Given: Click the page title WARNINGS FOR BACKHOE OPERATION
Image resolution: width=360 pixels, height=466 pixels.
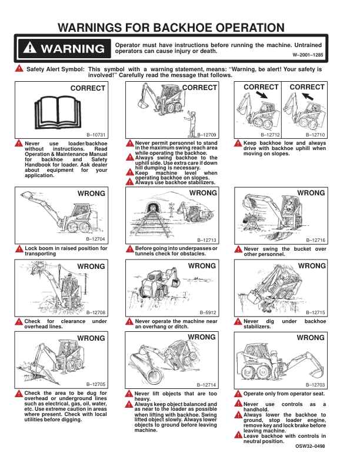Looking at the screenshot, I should click(x=180, y=27).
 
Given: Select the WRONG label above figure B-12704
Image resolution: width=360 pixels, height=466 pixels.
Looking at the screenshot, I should click(x=91, y=193).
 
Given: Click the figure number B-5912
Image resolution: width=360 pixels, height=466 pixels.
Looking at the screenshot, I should click(x=208, y=312).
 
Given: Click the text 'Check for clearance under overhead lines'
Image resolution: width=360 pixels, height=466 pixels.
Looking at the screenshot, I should click(x=65, y=324).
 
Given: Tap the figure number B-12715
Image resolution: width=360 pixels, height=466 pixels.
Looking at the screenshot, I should click(x=315, y=312).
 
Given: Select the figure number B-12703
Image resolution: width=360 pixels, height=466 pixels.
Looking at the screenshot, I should click(x=315, y=384).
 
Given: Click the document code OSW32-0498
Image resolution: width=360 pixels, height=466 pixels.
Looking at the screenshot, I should click(x=309, y=447).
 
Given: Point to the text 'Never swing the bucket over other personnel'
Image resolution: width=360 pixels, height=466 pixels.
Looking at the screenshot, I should click(x=284, y=252).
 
